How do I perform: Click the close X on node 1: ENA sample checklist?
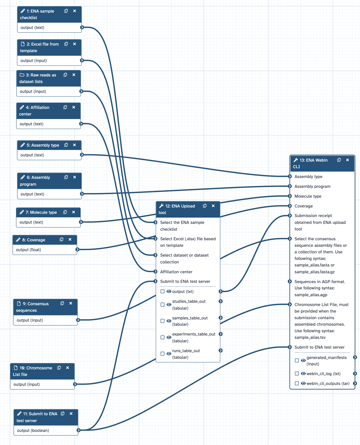coord(75,11)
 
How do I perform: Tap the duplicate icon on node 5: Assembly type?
coord(66,145)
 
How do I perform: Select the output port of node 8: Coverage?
coord(77,250)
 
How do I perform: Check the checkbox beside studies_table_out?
coord(163,305)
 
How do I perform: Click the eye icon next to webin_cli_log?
coord(303,373)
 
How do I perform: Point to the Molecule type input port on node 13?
coord(290,196)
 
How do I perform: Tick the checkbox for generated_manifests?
coord(297,360)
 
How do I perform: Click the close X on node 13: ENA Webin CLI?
coord(347,160)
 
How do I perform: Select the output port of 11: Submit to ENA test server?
coord(78,430)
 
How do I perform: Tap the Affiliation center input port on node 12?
coord(155,272)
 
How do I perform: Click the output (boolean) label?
coord(33,431)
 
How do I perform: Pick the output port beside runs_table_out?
coord(221,351)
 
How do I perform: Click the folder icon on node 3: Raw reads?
coord(22,75)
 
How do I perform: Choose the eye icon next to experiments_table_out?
coord(169,337)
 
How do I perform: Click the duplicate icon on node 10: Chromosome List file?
coord(59,368)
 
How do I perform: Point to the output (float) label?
coord(29,250)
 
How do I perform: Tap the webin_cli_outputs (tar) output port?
coord(355,384)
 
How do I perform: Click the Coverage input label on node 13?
coord(303,206)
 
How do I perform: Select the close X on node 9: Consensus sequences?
coord(71,303)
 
